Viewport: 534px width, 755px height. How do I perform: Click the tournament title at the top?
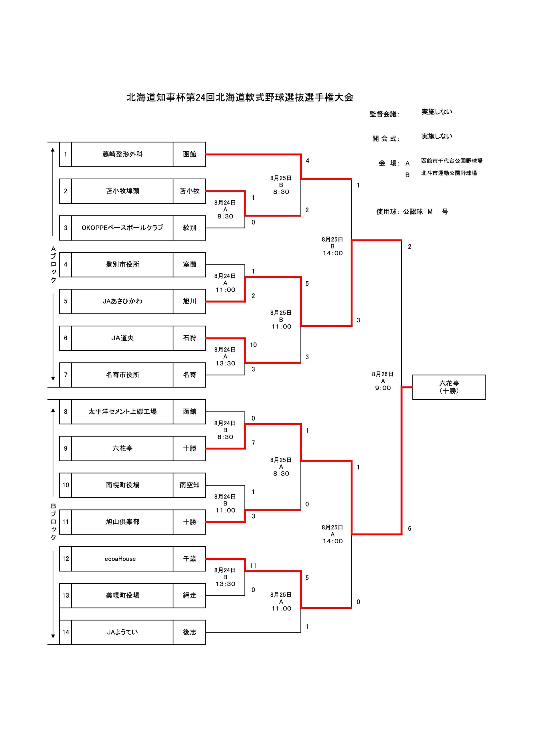[240, 97]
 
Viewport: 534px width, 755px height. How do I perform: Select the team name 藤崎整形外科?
[122, 154]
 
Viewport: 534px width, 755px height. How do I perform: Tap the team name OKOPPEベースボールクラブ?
[122, 228]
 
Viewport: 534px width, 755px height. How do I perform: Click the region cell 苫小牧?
[189, 191]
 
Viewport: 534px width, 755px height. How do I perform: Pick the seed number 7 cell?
[66, 375]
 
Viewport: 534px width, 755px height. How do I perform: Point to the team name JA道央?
[122, 338]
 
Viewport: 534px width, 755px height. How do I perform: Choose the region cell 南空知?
[189, 485]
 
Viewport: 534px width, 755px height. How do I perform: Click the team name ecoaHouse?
[120, 559]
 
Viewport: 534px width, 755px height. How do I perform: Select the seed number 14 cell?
[66, 632]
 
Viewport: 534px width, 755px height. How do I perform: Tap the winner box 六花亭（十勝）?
[449, 387]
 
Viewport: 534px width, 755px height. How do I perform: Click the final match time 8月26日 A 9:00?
[383, 381]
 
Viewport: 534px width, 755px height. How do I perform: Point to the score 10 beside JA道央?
[253, 345]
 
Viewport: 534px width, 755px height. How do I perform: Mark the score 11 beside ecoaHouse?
[253, 566]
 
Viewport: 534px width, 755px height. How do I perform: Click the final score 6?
[409, 529]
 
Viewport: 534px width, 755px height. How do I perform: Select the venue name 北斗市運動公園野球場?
[449, 173]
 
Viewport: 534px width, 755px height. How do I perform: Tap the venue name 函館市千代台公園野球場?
[452, 161]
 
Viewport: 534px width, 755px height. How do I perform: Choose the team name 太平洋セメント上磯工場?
[122, 412]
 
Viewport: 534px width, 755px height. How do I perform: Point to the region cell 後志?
[189, 632]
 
